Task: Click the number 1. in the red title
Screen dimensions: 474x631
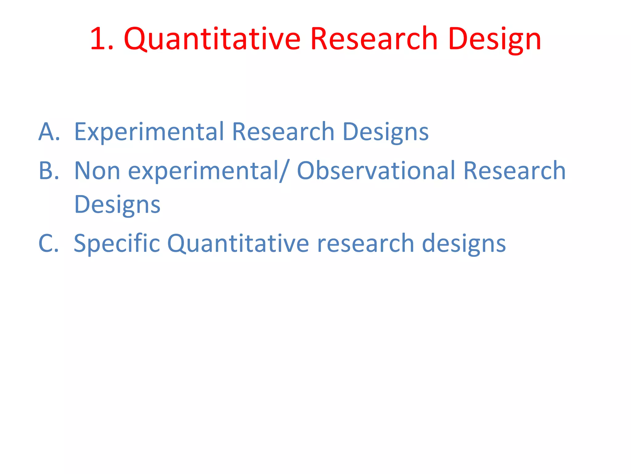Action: [x=102, y=39]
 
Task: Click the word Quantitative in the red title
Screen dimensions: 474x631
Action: [x=212, y=39]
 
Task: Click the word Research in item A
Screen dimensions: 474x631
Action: [x=283, y=132]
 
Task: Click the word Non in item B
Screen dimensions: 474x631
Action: [x=97, y=171]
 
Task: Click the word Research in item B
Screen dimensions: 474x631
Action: [x=514, y=171]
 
